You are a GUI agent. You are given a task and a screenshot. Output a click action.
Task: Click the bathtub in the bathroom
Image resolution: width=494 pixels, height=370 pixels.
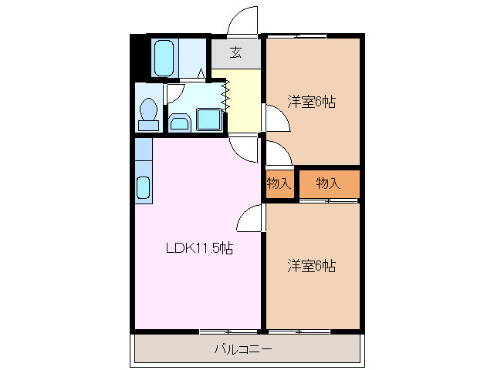pos(165,58)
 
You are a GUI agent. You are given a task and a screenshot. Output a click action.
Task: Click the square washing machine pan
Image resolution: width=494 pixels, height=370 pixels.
pos(209,119)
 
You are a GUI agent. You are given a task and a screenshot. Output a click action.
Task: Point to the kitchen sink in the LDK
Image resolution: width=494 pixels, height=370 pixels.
pos(144,187)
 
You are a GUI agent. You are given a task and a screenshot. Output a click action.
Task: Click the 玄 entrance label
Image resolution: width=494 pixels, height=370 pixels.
pos(236,53)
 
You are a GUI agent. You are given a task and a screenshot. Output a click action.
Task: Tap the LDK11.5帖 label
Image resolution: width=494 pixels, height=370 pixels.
pos(200,248)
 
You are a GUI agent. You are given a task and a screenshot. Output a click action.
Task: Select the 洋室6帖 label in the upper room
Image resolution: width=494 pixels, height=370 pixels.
pos(312,102)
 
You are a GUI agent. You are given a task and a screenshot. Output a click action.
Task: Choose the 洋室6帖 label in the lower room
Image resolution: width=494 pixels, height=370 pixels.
pos(312,267)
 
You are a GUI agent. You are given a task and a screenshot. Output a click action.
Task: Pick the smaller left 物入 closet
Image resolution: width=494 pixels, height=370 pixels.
pos(279,183)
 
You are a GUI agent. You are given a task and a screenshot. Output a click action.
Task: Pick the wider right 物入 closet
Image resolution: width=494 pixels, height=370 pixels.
pos(329,183)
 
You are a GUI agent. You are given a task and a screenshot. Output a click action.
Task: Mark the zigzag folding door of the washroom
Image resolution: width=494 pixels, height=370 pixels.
pos(227,92)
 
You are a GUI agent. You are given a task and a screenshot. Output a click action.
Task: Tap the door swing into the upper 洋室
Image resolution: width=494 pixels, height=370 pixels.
pos(276,118)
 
